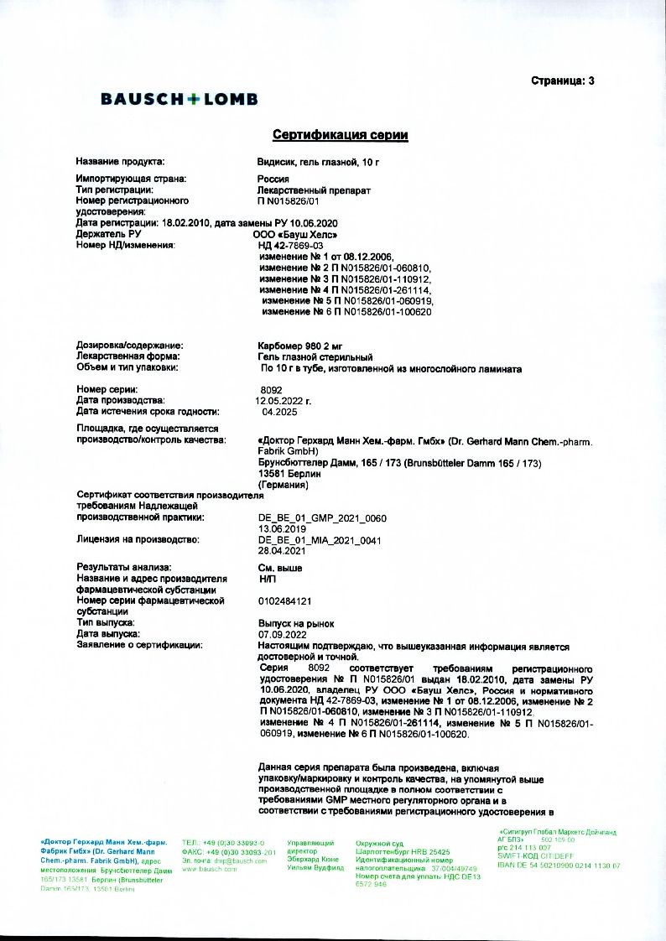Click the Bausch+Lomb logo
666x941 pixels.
179,99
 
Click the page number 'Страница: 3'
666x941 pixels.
562,81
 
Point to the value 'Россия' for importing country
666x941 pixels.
273,179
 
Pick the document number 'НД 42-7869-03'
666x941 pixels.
291,246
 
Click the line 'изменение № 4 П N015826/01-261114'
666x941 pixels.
345,289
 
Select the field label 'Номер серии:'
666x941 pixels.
107,390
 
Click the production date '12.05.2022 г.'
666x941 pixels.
284,401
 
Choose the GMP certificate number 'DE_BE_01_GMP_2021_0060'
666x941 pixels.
323,519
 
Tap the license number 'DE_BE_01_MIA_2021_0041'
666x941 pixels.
320,541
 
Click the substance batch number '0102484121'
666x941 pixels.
286,601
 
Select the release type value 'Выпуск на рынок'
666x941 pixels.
296,624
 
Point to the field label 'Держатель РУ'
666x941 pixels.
108,235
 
